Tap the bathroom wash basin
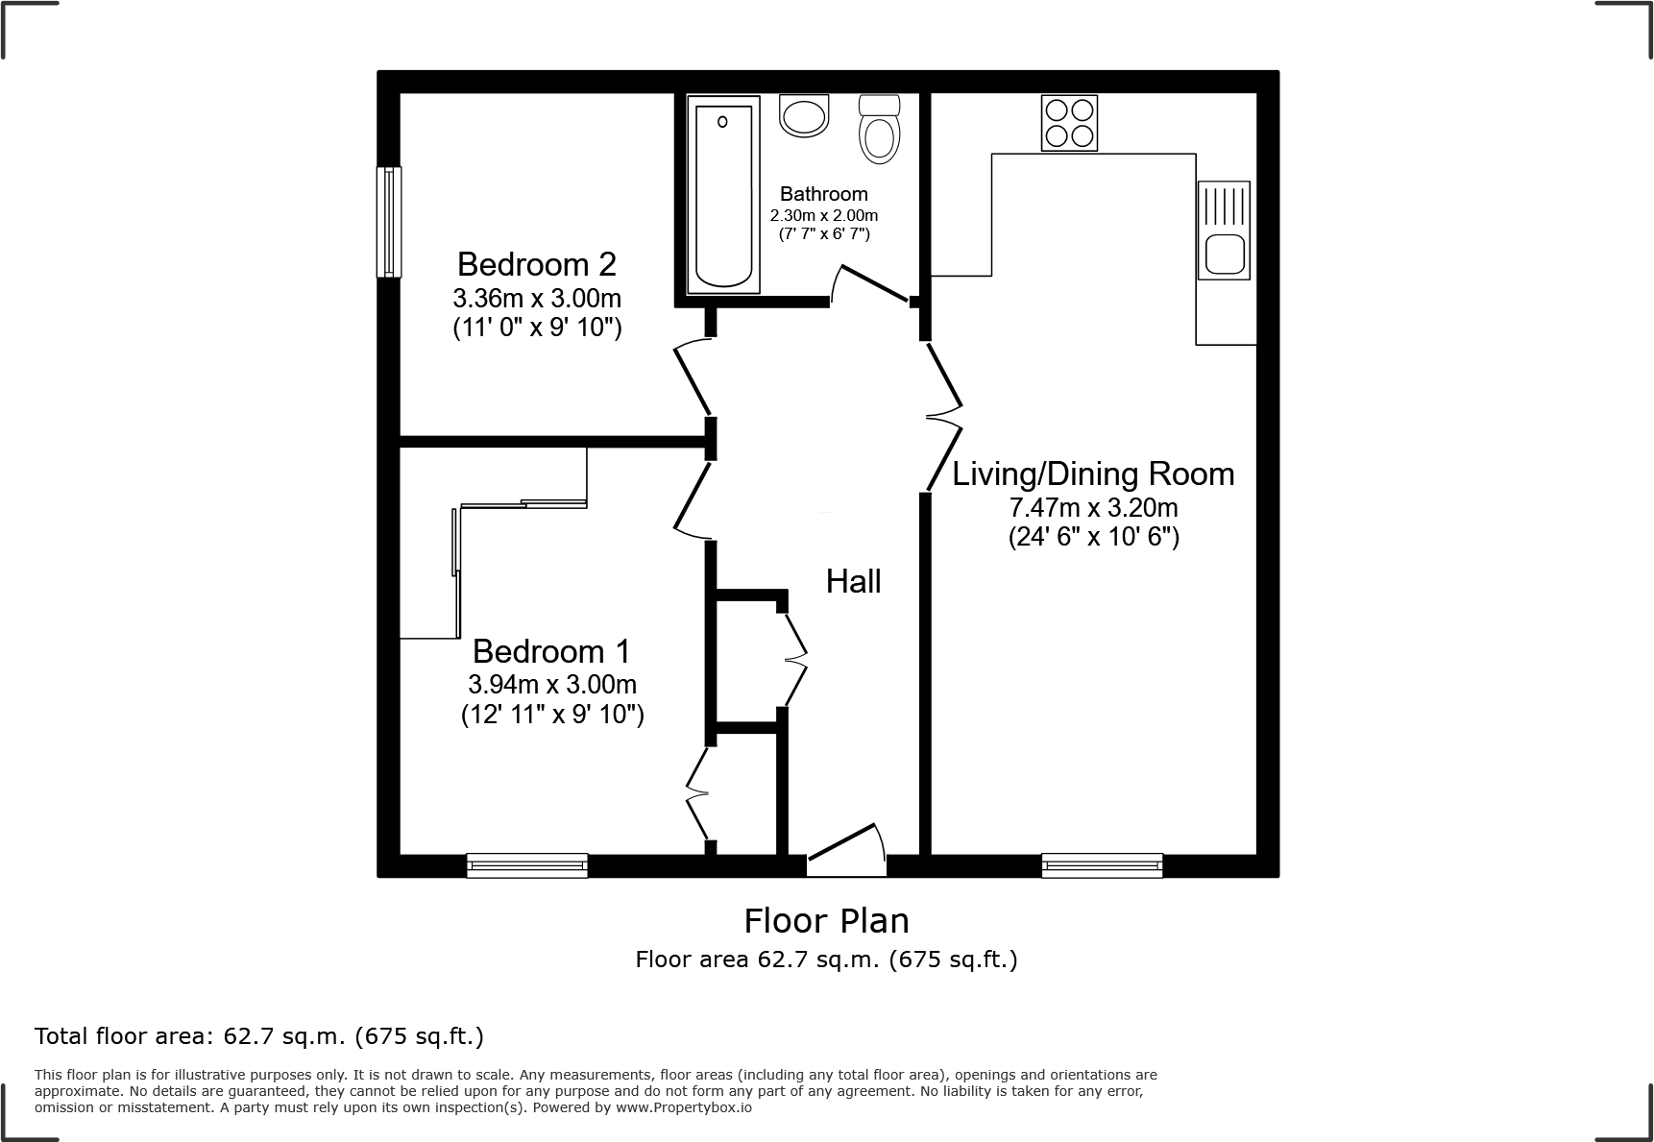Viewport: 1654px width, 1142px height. point(803,117)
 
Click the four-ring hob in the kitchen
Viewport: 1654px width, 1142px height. point(1069,123)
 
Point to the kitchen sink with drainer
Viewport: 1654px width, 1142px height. point(1224,231)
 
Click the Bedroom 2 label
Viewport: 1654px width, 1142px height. point(536,264)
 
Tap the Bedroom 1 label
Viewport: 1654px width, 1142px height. point(551,652)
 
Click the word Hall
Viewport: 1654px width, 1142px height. point(853,582)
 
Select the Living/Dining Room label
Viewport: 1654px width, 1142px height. point(1093,474)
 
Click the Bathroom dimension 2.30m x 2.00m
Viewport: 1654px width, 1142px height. point(823,216)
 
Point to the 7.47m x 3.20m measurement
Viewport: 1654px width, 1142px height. point(1093,507)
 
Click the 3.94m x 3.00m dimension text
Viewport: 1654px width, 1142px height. point(551,685)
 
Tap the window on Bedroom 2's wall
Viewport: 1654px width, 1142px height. point(388,222)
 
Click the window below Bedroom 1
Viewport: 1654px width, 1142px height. point(527,865)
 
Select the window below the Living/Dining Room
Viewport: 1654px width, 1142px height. point(1102,865)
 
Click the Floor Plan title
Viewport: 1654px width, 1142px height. point(826,921)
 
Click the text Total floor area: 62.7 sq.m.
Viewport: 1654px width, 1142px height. point(258,1036)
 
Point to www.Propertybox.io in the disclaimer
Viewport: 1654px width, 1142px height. point(684,1107)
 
